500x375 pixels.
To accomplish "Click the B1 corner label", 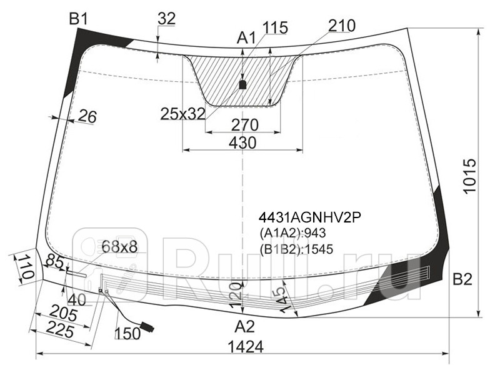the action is point(79,19).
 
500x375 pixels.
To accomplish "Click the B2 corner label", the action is point(462,279).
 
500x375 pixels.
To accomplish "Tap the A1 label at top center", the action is point(246,38).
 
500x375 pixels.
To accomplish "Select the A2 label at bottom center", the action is point(245,327).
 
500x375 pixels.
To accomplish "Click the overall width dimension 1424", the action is point(246,347).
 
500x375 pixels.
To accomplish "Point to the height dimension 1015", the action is point(470,176).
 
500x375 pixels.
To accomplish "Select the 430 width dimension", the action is point(242,142).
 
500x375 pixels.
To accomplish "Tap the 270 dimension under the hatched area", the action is point(244,125).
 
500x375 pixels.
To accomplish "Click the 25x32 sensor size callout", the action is point(182,114).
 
